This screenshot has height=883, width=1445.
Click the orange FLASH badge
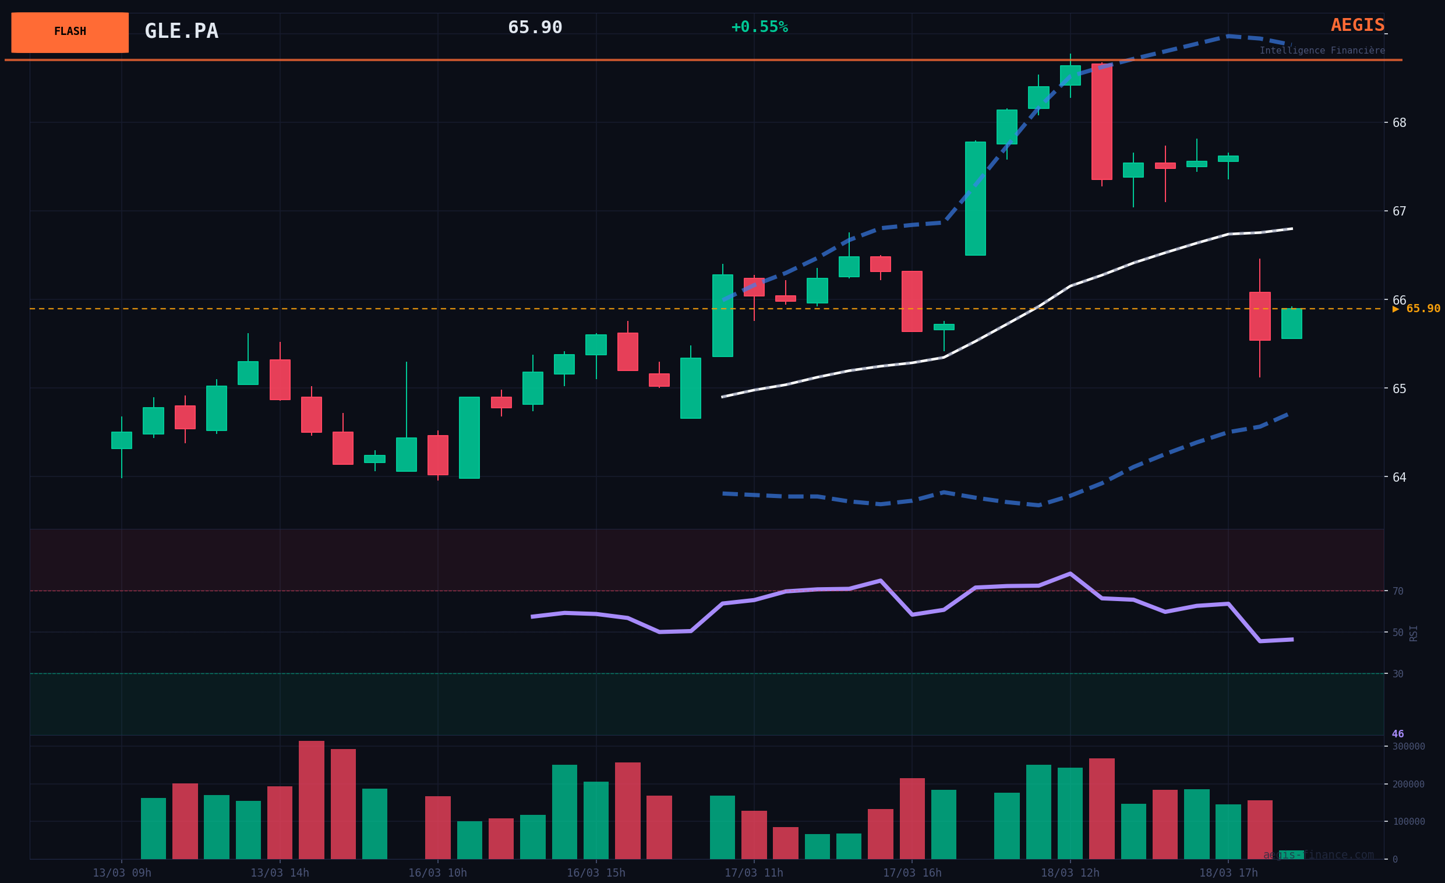70,32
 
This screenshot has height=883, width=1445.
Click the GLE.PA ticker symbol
181,31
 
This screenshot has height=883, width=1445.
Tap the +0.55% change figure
759,27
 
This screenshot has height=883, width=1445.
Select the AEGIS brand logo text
1357,25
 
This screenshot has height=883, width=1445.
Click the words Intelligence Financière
1322,51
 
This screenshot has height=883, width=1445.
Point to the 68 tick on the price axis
1399,122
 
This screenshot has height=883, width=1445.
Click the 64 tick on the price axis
1399,477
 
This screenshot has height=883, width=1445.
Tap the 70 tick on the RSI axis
1398,592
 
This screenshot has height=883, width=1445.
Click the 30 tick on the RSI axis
1398,674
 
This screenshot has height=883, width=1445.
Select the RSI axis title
1414,633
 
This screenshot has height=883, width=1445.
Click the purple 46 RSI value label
1397,734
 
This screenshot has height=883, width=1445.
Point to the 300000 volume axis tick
1409,746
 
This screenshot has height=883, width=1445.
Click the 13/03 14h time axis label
280,873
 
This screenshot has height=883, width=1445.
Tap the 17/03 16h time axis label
912,873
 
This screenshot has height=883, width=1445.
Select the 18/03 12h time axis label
1070,873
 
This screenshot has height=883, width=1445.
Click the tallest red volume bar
312,800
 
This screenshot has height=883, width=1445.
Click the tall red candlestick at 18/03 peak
1101,121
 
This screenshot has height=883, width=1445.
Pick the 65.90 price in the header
535,27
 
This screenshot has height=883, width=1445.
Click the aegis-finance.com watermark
1318,855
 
